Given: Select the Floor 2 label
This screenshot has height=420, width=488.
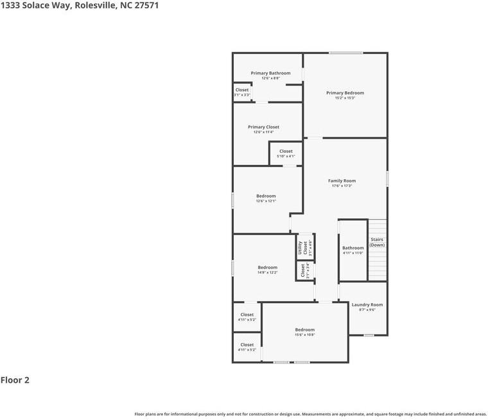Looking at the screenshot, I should [x=15, y=380].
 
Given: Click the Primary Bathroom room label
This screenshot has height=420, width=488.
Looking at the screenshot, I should [x=270, y=73].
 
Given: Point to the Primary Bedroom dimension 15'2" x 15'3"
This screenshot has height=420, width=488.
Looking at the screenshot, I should [x=345, y=98].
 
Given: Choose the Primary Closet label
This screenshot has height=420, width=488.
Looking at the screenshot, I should [x=263, y=127].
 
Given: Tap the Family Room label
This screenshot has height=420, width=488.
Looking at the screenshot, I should [x=342, y=181].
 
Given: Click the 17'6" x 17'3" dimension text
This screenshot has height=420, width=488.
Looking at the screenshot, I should [x=342, y=186].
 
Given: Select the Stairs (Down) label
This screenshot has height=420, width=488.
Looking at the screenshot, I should [x=377, y=242].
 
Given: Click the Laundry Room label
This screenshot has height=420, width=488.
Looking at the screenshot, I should [x=367, y=304].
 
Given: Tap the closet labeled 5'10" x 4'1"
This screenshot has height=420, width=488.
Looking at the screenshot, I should [x=286, y=153].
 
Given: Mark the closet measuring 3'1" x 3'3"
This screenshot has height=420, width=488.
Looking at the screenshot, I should [x=241, y=92].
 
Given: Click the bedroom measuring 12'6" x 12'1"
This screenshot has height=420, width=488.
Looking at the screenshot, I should [x=266, y=198].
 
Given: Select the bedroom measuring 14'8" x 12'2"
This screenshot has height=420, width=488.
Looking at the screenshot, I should [x=268, y=270].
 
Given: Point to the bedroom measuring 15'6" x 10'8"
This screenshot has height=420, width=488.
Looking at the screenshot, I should [x=304, y=332].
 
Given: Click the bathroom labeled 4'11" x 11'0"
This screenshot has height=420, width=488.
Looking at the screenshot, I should [x=353, y=250].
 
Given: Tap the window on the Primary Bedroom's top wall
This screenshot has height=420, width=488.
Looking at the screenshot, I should [x=345, y=53].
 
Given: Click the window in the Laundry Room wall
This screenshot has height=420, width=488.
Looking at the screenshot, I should [x=369, y=335].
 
